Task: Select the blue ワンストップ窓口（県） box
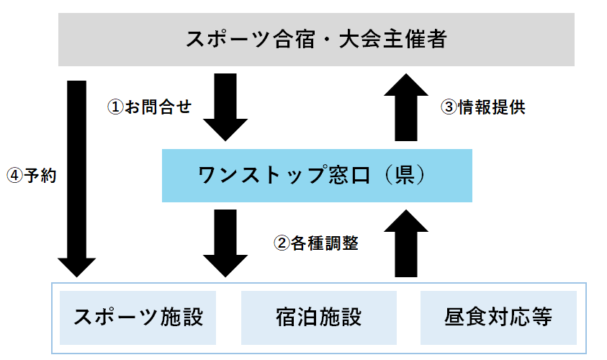(317, 176)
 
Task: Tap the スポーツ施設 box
(139, 317)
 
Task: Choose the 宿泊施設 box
(318, 317)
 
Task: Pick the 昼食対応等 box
(498, 317)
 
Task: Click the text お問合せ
(158, 107)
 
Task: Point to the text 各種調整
(325, 243)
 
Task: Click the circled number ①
(115, 107)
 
